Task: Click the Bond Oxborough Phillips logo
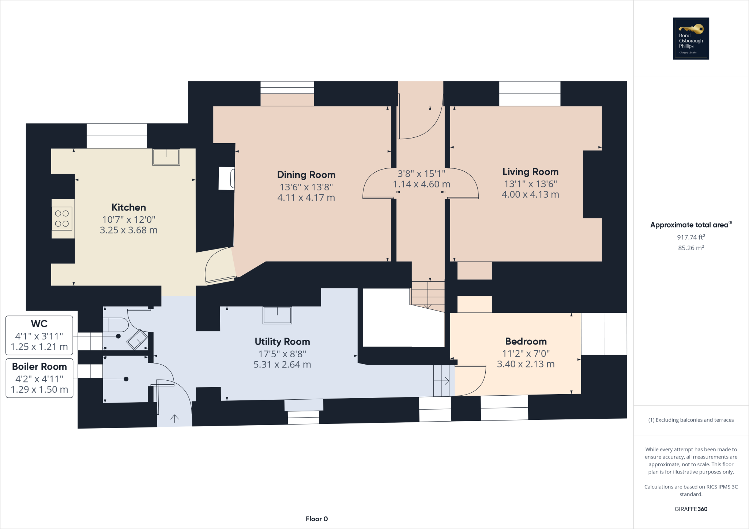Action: pos(691,38)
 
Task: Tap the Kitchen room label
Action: pos(129,208)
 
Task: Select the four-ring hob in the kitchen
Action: pos(62,218)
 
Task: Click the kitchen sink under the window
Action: pos(166,157)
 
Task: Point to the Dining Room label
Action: pos(306,175)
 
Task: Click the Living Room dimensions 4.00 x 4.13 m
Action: pos(530,194)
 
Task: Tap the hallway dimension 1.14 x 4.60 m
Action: pos(421,184)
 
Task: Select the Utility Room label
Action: pos(282,342)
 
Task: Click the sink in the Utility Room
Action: pos(277,315)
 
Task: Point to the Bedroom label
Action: pos(526,341)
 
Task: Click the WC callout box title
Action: pos(39,324)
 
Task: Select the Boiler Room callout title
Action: pos(39,366)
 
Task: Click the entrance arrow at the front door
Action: pos(174,419)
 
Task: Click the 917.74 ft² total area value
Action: pos(691,237)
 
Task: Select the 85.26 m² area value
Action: pos(691,248)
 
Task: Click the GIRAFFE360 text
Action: pos(691,509)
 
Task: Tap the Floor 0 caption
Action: pos(317,519)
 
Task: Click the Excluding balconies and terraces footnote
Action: pos(691,420)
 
